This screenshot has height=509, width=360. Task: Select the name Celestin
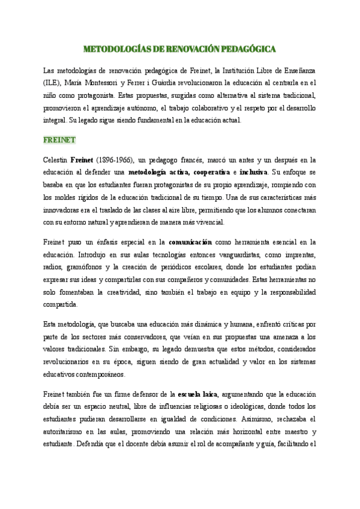click(x=55, y=160)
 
